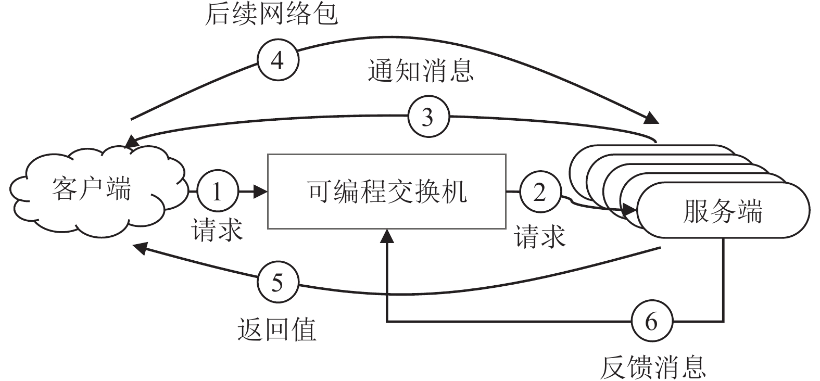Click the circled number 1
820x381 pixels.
tap(218, 192)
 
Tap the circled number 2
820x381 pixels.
tap(540, 192)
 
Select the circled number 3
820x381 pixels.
tap(427, 118)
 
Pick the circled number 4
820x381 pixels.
tap(278, 61)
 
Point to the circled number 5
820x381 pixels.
tap(278, 284)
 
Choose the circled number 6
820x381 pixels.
tap(652, 322)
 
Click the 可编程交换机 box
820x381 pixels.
tap(387, 191)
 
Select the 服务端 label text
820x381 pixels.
tap(723, 212)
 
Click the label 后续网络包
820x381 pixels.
tap(271, 14)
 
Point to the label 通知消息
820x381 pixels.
tap(420, 70)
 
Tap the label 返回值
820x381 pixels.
tap(277, 329)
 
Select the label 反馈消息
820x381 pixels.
tap(653, 367)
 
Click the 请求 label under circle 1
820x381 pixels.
tap(218, 230)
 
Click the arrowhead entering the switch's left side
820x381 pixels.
tap(261, 192)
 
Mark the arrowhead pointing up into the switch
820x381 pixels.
tap(387, 236)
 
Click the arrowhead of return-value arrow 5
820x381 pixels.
tap(139, 247)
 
